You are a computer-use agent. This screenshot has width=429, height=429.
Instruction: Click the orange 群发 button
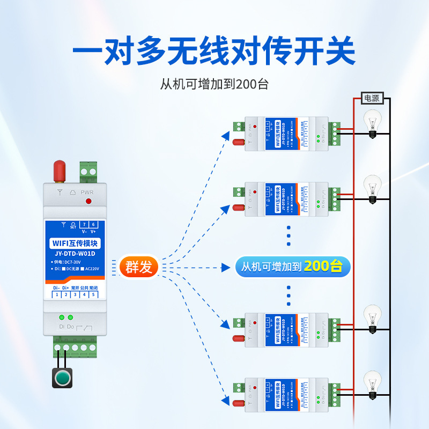138,267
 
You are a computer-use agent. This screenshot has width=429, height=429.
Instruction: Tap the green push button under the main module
62,377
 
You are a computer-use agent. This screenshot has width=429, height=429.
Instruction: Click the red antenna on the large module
59,171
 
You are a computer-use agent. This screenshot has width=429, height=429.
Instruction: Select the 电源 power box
372,98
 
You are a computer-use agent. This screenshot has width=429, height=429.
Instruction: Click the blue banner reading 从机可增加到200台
293,267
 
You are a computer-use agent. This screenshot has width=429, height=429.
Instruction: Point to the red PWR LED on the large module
88,201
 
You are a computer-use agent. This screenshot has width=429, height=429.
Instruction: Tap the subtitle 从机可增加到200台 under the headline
214,84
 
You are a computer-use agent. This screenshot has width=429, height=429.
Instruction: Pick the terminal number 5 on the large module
93,295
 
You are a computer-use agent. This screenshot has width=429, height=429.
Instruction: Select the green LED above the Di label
62,317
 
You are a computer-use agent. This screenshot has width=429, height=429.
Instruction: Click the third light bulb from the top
372,319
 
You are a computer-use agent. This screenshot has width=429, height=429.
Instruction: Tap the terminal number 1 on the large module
56,295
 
